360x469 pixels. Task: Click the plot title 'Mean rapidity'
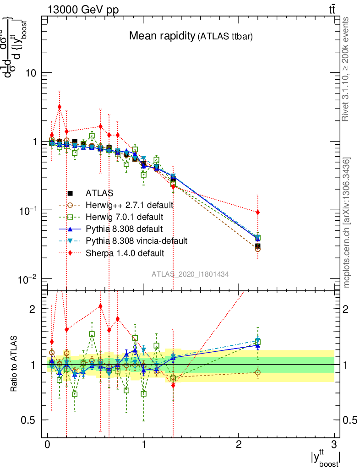click(162, 36)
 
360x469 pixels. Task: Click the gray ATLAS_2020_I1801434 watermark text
click(191, 274)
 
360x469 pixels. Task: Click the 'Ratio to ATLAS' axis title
click(15, 364)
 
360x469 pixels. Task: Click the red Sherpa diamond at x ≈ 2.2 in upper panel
click(258, 212)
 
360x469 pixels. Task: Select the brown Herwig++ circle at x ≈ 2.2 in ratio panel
click(258, 372)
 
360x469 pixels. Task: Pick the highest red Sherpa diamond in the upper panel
click(59, 107)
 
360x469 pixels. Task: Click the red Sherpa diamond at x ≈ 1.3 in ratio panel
click(173, 385)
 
